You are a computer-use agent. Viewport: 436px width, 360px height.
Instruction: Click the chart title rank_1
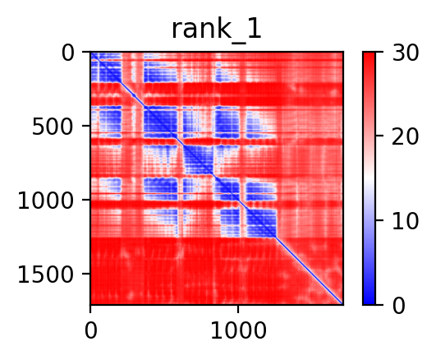[217, 30]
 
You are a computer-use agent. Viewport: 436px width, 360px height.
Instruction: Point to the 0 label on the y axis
[68, 53]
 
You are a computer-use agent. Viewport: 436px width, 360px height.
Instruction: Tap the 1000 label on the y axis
[46, 201]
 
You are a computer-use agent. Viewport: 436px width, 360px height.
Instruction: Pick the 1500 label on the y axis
[46, 275]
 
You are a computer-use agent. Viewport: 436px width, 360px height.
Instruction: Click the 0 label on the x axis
[91, 330]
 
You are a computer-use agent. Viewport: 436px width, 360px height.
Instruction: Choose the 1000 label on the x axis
[238, 330]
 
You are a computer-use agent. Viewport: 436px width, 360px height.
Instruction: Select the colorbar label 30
[405, 53]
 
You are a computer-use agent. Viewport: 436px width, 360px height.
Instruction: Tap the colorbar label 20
[405, 136]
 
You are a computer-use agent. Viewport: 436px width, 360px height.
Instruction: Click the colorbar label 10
[405, 221]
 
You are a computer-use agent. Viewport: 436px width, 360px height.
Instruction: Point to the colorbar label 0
[398, 306]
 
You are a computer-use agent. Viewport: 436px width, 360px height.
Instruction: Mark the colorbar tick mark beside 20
[379, 136]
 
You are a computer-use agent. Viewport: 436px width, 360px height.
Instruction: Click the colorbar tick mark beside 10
[379, 220]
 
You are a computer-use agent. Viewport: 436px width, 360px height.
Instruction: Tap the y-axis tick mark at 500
[86, 126]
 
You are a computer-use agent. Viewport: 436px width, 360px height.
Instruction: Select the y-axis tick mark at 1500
[86, 274]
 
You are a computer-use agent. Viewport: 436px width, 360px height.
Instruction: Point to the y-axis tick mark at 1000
[86, 200]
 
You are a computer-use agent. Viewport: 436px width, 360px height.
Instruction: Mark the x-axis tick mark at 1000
[238, 309]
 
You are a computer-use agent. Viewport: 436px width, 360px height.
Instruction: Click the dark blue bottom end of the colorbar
[369, 302]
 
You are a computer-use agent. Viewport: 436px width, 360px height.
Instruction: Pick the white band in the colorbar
[369, 178]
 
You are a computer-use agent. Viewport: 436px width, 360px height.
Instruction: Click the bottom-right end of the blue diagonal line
[342, 304]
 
